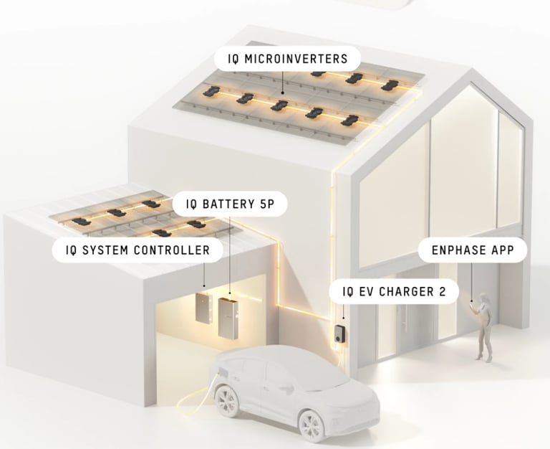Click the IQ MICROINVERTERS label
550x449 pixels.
[287, 58]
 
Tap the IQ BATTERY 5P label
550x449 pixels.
[230, 204]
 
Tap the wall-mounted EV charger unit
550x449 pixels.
[339, 333]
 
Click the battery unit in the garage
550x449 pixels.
[228, 316]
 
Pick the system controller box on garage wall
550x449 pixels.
[203, 307]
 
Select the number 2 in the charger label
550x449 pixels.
[450, 292]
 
